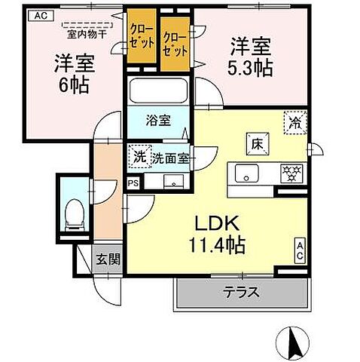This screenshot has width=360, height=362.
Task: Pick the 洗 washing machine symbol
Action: pyautogui.click(x=139, y=158)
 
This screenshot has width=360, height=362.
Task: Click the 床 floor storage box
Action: pyautogui.click(x=257, y=143)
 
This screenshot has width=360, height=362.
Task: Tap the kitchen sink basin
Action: pyautogui.click(x=247, y=174)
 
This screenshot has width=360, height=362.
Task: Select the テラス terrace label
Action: pyautogui.click(x=243, y=292)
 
